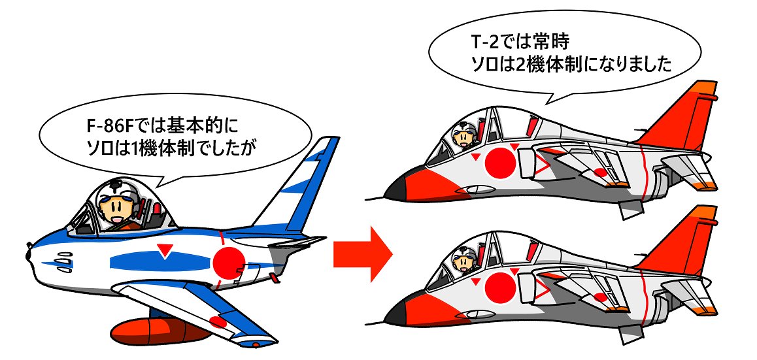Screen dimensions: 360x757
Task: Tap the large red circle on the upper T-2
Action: pyautogui.click(x=501, y=161)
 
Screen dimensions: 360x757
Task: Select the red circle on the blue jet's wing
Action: pyautogui.click(x=217, y=321)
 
